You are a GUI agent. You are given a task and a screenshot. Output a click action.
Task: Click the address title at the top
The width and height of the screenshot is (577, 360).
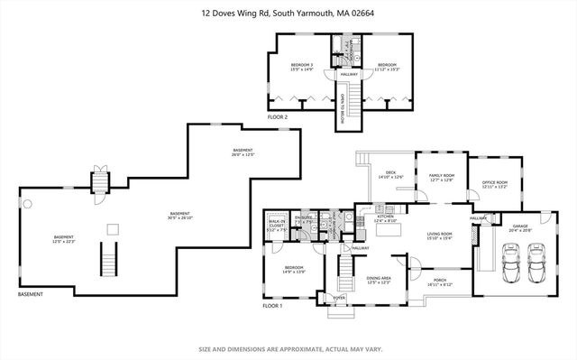tap(288, 13)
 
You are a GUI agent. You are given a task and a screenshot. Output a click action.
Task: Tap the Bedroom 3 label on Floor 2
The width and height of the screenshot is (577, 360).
tap(301, 68)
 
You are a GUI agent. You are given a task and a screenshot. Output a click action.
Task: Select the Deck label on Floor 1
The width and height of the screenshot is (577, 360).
tap(391, 177)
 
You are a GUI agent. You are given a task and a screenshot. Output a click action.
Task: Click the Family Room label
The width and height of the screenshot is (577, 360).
tap(441, 178)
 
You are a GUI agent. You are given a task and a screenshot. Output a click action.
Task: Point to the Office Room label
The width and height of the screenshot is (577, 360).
tap(496, 185)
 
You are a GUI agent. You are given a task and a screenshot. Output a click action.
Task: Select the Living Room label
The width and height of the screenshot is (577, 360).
tap(439, 236)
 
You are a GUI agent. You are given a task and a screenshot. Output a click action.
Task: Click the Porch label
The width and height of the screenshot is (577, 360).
tap(440, 282)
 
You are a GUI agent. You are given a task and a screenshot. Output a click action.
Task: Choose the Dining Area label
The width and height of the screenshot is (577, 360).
tap(378, 282)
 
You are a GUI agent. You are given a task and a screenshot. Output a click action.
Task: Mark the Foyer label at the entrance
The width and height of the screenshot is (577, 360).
tap(340, 297)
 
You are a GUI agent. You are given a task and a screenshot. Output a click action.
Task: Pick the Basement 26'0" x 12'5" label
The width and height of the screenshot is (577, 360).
tap(243, 152)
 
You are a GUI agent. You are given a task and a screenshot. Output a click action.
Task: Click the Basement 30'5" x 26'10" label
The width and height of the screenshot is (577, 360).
tap(180, 216)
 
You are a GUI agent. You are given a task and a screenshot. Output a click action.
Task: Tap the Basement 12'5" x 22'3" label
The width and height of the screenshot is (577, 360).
tap(62, 239)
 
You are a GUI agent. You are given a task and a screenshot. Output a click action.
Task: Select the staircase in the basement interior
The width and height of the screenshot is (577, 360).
tap(110, 262)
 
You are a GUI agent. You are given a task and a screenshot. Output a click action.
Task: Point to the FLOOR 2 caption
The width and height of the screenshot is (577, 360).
tap(278, 117)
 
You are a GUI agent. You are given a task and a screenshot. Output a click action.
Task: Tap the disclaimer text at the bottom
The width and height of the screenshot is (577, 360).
tap(288, 348)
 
